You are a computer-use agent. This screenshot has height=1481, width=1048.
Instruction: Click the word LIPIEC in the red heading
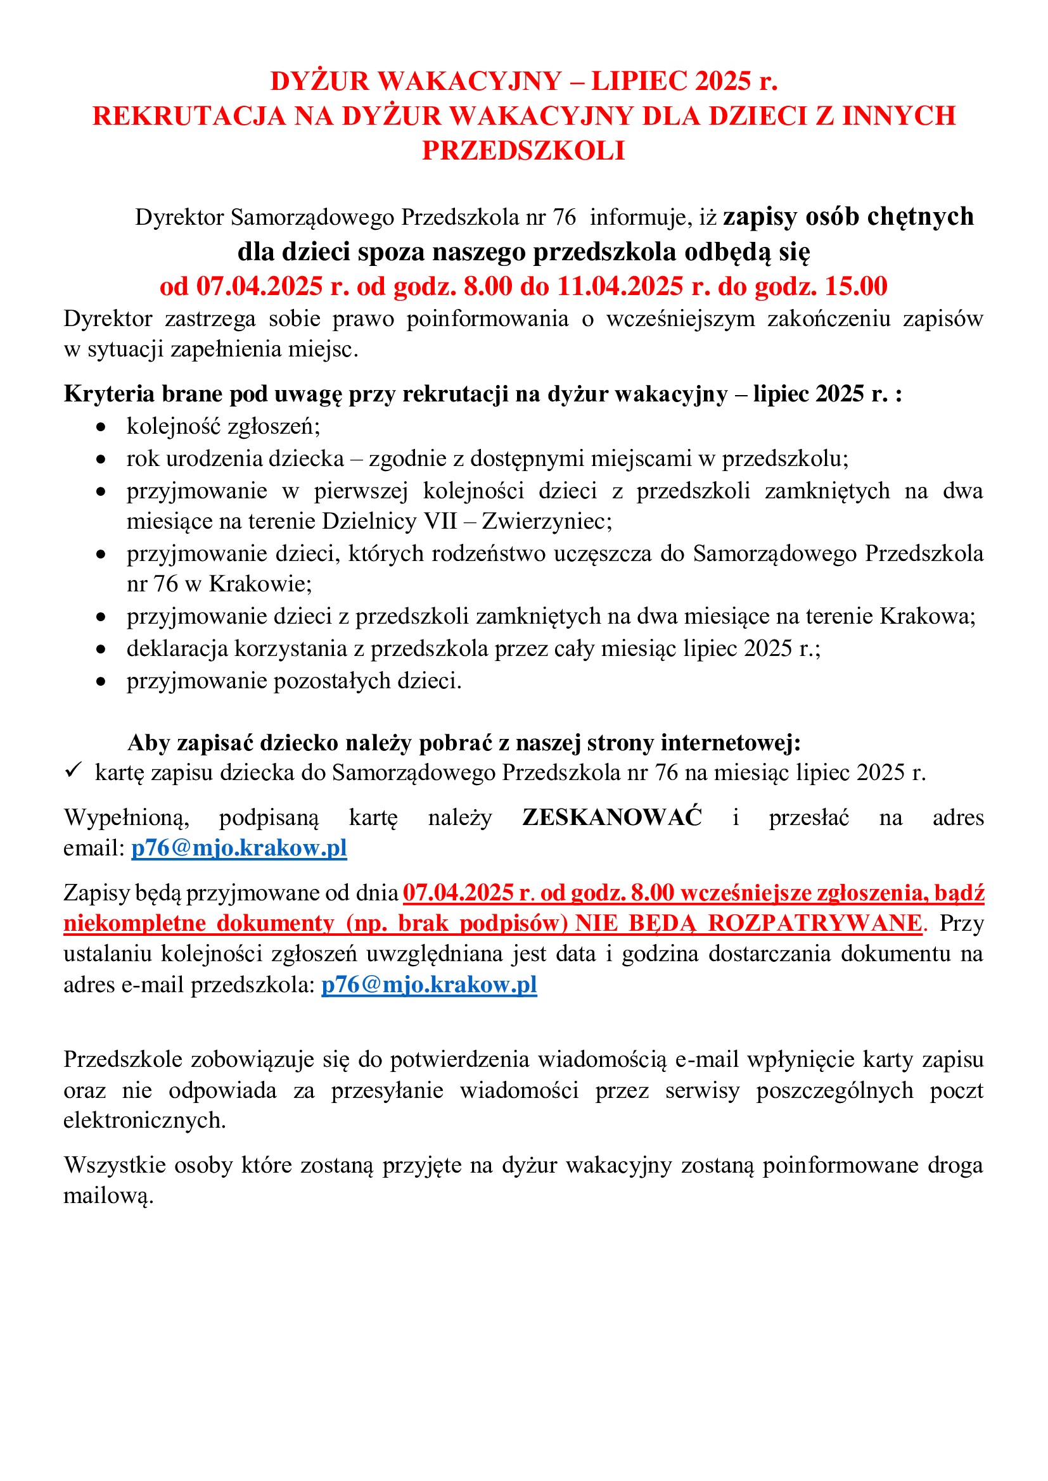pyautogui.click(x=639, y=81)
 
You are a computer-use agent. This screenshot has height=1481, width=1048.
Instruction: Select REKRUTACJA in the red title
pyautogui.click(x=188, y=116)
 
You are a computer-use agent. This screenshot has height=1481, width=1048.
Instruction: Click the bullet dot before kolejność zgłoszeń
pyautogui.click(x=101, y=427)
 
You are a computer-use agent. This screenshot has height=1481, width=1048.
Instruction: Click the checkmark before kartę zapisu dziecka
pyautogui.click(x=73, y=770)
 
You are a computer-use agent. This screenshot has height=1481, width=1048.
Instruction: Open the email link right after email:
pyautogui.click(x=239, y=848)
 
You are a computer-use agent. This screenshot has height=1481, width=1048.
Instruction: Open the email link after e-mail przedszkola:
pyautogui.click(x=429, y=985)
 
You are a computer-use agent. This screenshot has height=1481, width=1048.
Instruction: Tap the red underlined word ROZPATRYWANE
pyautogui.click(x=814, y=923)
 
